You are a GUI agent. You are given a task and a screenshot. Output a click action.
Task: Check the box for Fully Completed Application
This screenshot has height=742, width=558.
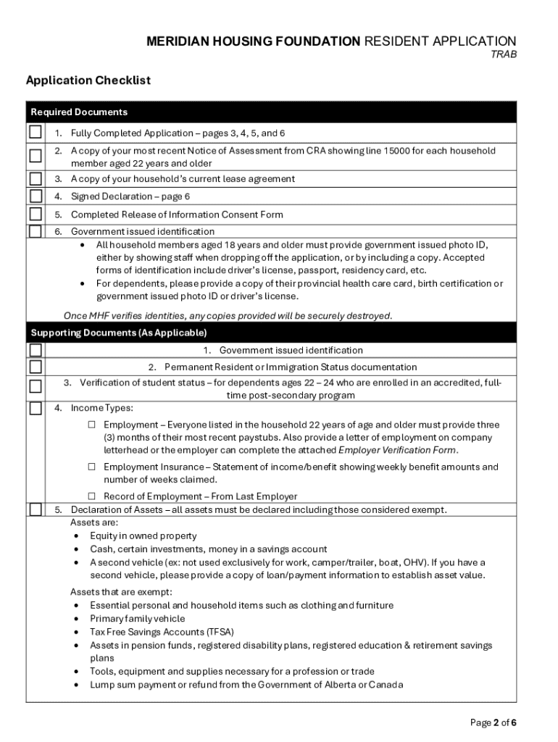pyautogui.click(x=35, y=133)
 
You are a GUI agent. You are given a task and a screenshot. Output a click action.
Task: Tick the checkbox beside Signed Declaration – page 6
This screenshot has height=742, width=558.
pyautogui.click(x=35, y=196)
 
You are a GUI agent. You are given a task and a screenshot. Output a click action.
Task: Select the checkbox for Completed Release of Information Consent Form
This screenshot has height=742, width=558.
pyautogui.click(x=35, y=214)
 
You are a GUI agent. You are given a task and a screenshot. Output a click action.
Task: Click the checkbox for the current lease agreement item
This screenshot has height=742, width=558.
pyautogui.click(x=35, y=179)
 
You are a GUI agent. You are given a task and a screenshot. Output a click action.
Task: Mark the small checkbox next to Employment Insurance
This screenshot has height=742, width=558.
pyautogui.click(x=92, y=467)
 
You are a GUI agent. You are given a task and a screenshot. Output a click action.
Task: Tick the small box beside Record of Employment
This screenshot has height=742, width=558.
pyautogui.click(x=92, y=496)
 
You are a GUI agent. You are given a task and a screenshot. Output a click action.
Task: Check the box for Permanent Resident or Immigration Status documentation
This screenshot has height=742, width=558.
pyautogui.click(x=35, y=367)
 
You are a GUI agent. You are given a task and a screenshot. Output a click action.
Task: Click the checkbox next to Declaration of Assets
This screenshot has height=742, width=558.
pyautogui.click(x=35, y=509)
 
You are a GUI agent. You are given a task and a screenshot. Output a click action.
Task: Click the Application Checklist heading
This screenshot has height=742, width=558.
pyautogui.click(x=88, y=80)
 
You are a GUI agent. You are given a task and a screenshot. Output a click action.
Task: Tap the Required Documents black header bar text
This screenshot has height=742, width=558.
pyautogui.click(x=79, y=112)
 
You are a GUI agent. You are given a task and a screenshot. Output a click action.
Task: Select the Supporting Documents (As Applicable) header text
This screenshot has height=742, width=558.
pyautogui.click(x=119, y=333)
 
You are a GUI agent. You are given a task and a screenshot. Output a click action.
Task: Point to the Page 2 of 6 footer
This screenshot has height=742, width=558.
pyautogui.click(x=494, y=722)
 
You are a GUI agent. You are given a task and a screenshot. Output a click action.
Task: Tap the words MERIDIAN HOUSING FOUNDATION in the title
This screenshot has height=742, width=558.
pyautogui.click(x=253, y=41)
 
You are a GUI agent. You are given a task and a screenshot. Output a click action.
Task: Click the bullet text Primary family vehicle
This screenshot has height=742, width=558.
pyautogui.click(x=138, y=619)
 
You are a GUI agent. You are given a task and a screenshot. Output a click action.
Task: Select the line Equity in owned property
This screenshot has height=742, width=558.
pyautogui.click(x=143, y=536)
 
